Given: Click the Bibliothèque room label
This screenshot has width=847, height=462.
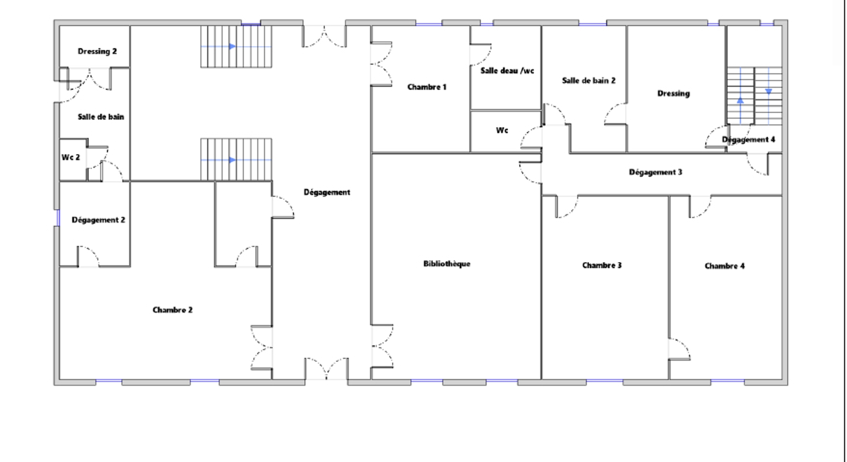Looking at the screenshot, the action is click(x=447, y=264).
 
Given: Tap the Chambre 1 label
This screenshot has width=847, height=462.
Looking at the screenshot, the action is click(x=427, y=87).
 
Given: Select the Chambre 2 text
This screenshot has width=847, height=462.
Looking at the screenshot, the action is click(x=172, y=310).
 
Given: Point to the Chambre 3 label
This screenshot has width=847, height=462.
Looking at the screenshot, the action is click(x=602, y=265).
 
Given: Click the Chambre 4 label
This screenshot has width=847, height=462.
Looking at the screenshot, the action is click(x=725, y=266).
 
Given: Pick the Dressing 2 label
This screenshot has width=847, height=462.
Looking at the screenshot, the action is click(x=97, y=52).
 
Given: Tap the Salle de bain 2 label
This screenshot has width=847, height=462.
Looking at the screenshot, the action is click(x=589, y=81).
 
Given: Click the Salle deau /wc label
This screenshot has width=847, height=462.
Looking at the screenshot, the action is click(x=507, y=71).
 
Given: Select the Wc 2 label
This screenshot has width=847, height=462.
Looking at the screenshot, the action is click(x=71, y=157).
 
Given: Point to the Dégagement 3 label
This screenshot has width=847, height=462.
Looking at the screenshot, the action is click(x=656, y=172).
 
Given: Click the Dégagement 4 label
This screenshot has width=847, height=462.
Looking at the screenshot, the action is click(x=749, y=140).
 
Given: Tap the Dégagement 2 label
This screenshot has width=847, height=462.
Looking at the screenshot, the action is click(x=98, y=220).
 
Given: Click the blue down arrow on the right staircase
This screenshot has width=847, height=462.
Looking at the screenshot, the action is click(x=768, y=91).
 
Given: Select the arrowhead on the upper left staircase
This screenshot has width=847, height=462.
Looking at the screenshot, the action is click(x=233, y=47).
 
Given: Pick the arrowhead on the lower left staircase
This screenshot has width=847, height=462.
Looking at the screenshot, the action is click(x=233, y=160).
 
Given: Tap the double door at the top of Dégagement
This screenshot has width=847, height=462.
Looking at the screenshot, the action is click(x=324, y=37).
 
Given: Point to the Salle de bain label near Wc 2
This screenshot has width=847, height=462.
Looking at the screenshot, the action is click(x=101, y=117).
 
